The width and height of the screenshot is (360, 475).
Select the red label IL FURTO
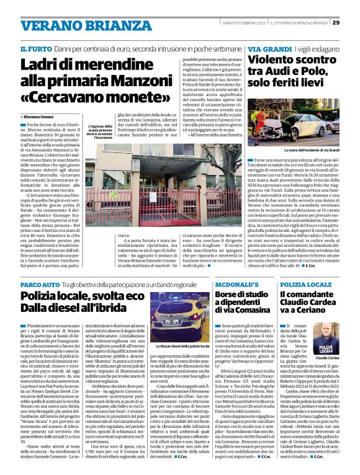click(x=35, y=48)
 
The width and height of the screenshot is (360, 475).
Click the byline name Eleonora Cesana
click(x=41, y=116)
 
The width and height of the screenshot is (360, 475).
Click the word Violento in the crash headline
click(x=276, y=60)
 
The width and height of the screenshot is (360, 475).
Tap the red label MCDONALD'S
click(x=232, y=284)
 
